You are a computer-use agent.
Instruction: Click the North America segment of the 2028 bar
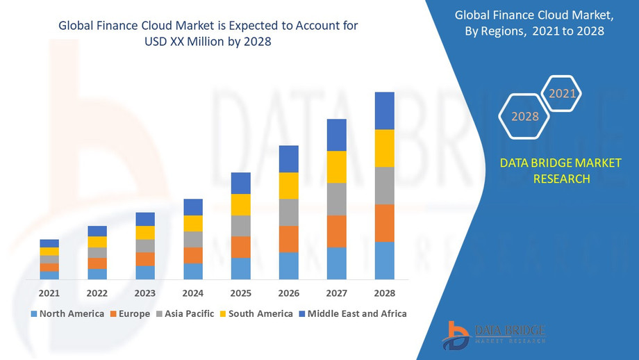pyautogui.click(x=384, y=261)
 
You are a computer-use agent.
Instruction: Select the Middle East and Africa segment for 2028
pyautogui.click(x=384, y=111)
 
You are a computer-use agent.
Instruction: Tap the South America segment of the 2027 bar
pyautogui.click(x=336, y=167)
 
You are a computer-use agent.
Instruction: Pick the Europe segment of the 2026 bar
pyautogui.click(x=289, y=239)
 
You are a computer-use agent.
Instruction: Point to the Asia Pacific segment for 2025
pyautogui.click(x=241, y=226)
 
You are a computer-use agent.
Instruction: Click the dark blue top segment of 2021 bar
pyautogui.click(x=49, y=243)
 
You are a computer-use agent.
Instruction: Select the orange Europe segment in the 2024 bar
pyautogui.click(x=193, y=255)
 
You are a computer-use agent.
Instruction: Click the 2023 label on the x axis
pyautogui.click(x=145, y=293)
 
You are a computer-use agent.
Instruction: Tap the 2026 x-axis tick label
pyautogui.click(x=289, y=293)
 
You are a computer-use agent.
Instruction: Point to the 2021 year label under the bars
pyautogui.click(x=49, y=293)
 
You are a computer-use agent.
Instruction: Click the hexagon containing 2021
pyautogui.click(x=563, y=94)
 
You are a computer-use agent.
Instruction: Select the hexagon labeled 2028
pyautogui.click(x=525, y=116)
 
